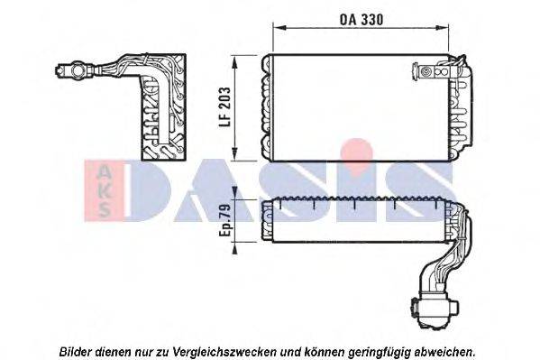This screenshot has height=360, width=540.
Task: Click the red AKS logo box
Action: click(101, 189)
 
